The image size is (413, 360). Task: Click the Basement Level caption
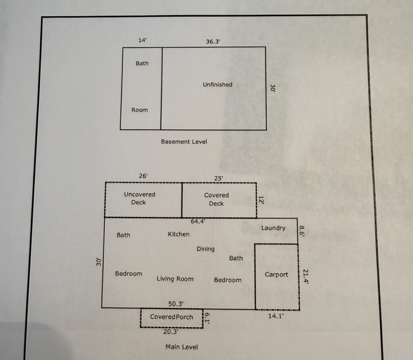point(184,142)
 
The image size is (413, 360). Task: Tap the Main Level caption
point(181,347)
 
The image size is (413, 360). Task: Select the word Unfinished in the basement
point(217,85)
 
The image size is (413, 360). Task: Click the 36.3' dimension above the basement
point(213,42)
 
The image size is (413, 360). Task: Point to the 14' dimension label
point(142,40)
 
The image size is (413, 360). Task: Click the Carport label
point(276,274)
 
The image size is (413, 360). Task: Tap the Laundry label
point(273,228)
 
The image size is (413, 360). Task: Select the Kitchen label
point(179,234)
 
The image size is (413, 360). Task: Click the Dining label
point(205,249)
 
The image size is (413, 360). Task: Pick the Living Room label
point(175,279)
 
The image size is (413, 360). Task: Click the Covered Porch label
point(171,317)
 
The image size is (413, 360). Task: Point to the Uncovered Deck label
point(139,198)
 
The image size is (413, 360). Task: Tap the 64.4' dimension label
point(198,221)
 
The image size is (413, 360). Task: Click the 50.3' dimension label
point(176,303)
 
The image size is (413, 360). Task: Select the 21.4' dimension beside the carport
point(306,276)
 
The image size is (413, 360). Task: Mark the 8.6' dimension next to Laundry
point(302,231)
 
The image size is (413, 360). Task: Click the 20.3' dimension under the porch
point(171,331)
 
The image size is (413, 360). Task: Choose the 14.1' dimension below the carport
point(276,316)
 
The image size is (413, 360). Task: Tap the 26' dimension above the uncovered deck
point(143,176)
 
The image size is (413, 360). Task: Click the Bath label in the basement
point(142,63)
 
